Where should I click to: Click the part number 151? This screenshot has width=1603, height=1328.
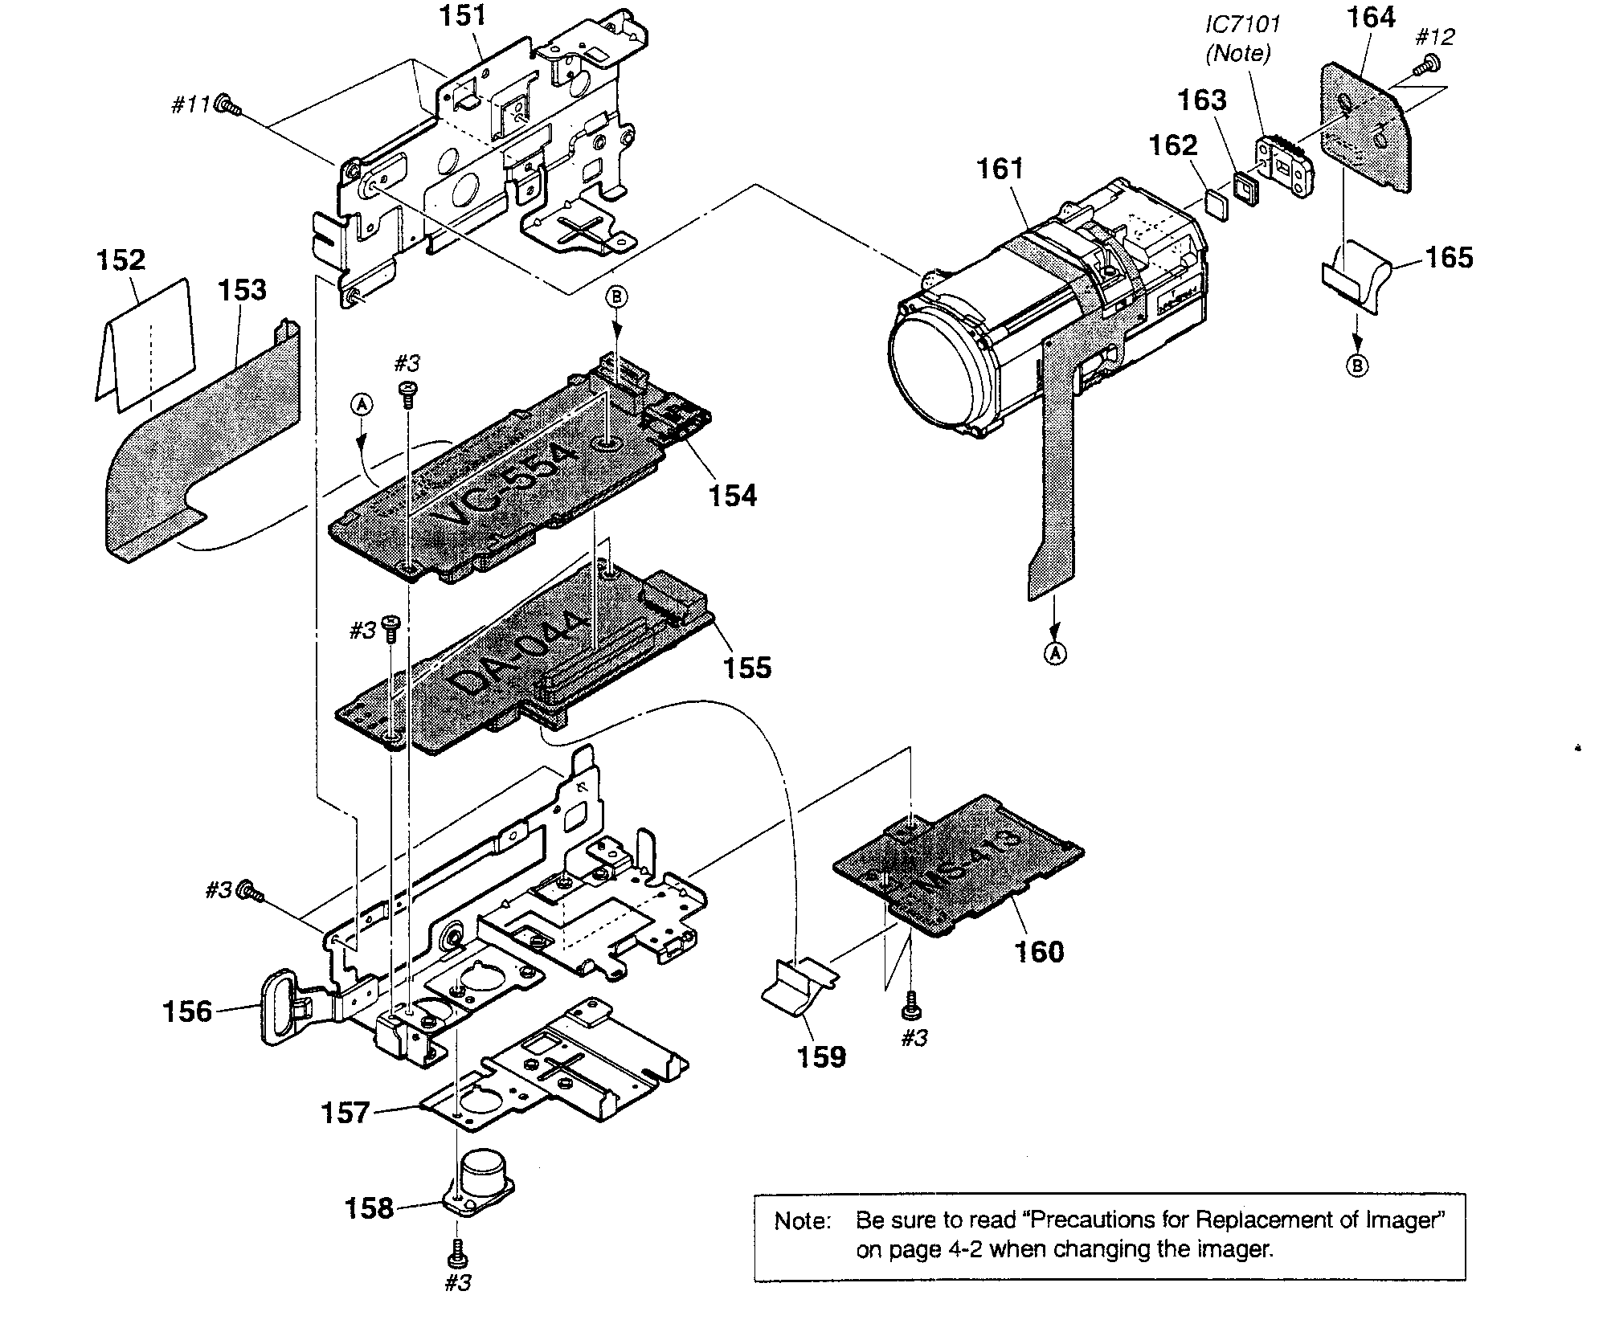[463, 16]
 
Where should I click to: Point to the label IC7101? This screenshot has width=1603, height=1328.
[1241, 24]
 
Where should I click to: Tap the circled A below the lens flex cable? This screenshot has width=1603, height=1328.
[1057, 653]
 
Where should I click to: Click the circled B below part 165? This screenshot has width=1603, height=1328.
[1356, 366]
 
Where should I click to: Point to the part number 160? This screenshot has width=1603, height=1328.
[1039, 951]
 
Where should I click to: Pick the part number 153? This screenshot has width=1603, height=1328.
[242, 289]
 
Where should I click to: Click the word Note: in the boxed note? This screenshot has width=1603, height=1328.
[802, 1222]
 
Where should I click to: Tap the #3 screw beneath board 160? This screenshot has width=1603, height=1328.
[911, 1004]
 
